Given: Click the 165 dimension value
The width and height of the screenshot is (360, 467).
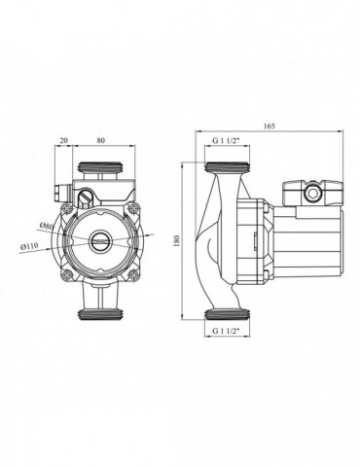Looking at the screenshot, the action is (x=270, y=126).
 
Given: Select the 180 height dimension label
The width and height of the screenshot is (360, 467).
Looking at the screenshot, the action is (x=177, y=240).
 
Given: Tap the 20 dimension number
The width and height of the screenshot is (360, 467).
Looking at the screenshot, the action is (x=64, y=140).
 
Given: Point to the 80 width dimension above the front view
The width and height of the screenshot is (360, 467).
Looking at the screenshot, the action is (x=101, y=140).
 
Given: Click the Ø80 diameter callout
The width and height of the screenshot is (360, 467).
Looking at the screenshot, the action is (x=47, y=226).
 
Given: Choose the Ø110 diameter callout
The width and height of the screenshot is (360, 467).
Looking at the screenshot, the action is (x=29, y=246).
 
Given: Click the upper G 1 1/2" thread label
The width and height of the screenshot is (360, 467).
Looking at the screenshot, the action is (x=226, y=141).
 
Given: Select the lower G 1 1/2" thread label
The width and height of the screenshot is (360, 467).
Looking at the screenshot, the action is (x=226, y=331).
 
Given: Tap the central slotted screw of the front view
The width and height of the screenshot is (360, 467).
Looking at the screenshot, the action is (x=99, y=241).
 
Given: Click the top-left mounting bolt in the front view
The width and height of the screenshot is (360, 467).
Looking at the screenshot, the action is (x=68, y=207).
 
